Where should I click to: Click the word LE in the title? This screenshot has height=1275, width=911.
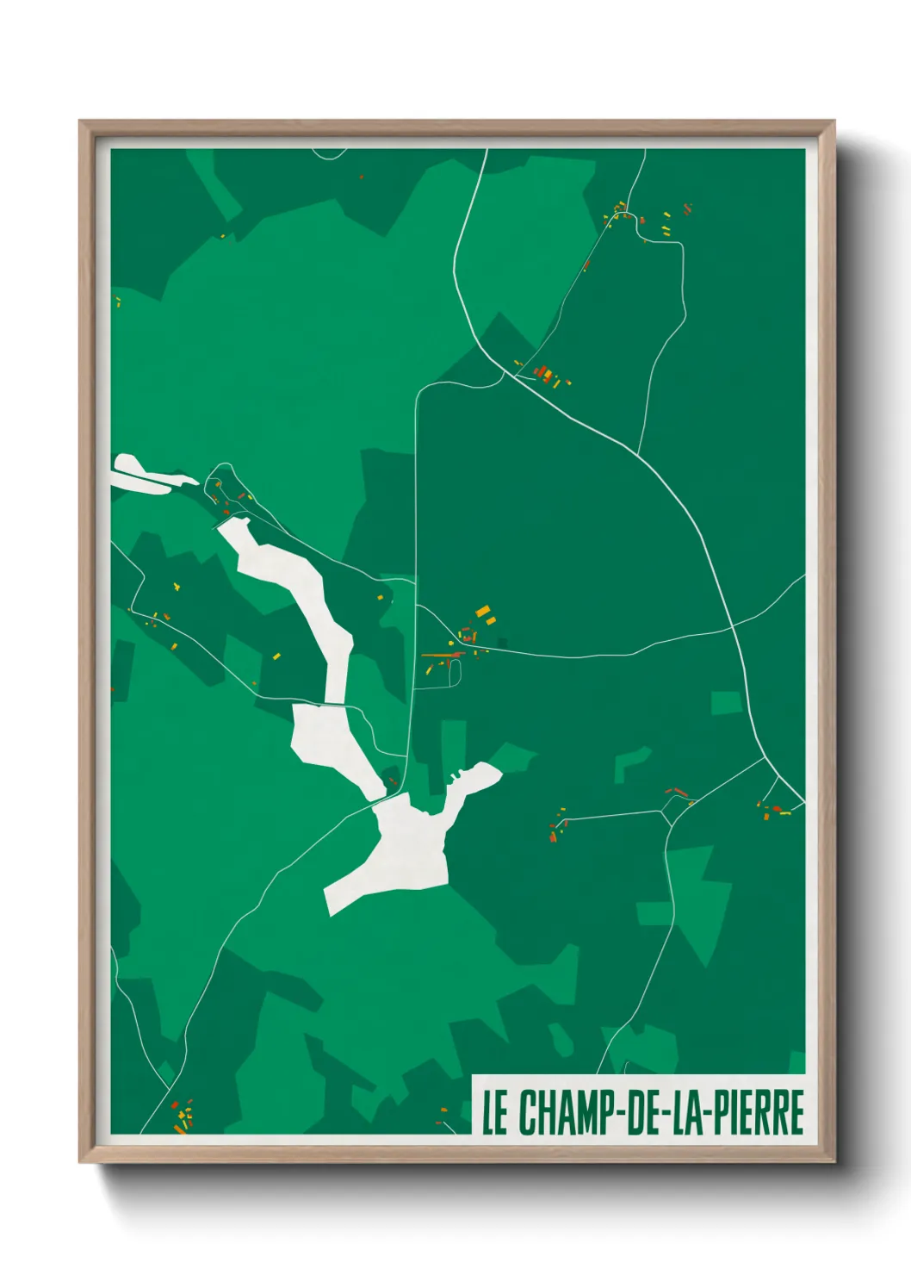click(494, 1113)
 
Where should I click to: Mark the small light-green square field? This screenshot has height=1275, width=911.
click(726, 703)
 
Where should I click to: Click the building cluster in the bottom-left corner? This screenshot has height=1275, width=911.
click(181, 1116)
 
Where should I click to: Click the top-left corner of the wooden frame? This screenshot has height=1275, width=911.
click(81, 122)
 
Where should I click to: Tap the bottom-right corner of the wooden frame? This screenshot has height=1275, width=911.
click(833, 1160)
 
